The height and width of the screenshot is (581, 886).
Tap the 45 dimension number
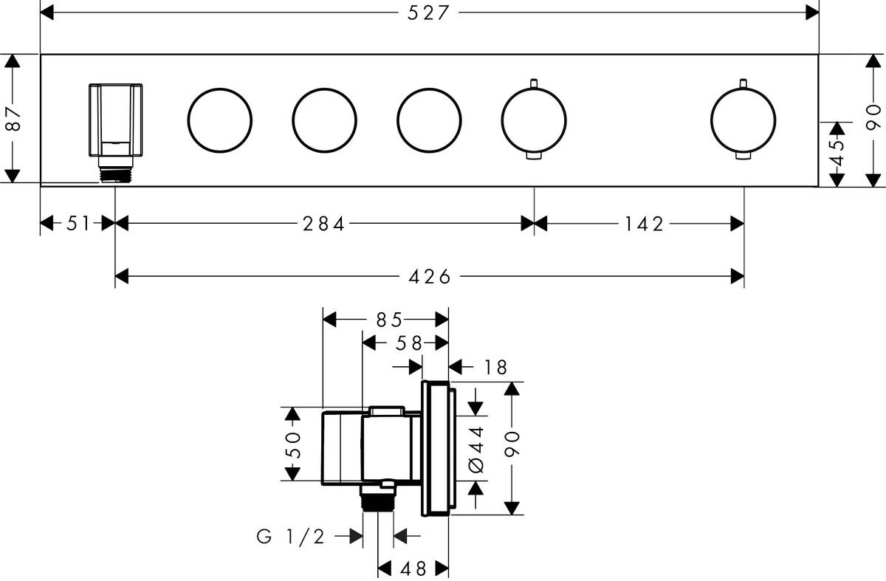[837, 154]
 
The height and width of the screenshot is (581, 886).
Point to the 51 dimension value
[77, 224]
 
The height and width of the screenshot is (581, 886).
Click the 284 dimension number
[323, 224]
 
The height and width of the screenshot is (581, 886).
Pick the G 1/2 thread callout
[291, 537]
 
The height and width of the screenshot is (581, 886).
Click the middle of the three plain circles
[324, 120]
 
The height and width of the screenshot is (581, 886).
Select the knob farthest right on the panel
[743, 120]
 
